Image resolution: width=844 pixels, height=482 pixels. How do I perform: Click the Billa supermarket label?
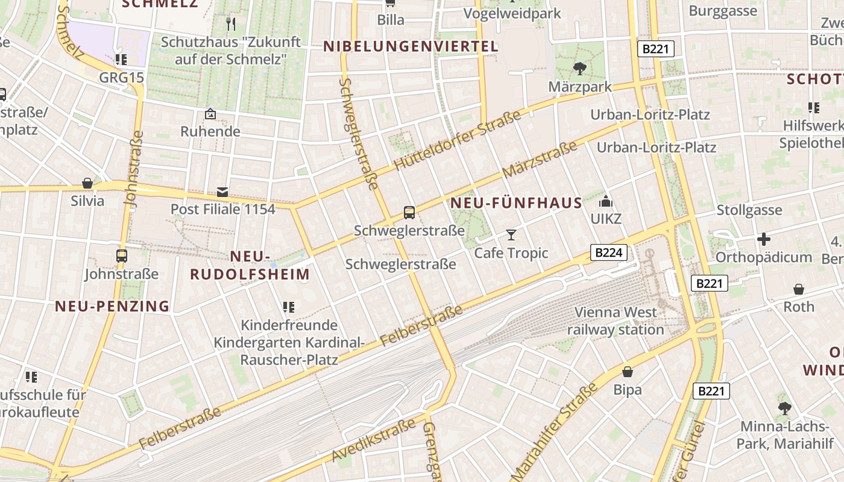tap(391, 20)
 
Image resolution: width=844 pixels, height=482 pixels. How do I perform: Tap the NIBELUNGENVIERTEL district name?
tap(411, 46)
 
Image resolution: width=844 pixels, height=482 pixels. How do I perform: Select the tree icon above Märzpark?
tap(579, 69)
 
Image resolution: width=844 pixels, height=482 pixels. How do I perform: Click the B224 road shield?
tap(608, 252)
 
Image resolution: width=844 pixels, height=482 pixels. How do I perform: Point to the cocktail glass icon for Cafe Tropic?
tap(511, 234)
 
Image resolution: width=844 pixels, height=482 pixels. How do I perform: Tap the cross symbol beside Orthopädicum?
tap(764, 239)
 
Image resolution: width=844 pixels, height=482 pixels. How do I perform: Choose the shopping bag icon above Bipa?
tap(628, 372)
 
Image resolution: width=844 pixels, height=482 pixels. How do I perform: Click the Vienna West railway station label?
tap(616, 321)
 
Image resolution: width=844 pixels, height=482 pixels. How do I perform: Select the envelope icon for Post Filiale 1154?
tap(222, 192)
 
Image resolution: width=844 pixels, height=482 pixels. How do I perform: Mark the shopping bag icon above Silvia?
tap(87, 183)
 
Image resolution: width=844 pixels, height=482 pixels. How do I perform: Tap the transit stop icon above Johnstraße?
tap(121, 256)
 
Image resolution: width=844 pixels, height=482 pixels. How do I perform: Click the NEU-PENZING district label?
tap(113, 306)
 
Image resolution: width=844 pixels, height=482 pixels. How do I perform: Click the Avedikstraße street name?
tap(373, 440)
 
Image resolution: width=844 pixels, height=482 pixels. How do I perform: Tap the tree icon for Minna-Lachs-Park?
tap(784, 408)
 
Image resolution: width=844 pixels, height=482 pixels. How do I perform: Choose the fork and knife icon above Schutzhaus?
tap(231, 24)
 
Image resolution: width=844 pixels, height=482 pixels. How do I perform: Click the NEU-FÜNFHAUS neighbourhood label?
tap(516, 203)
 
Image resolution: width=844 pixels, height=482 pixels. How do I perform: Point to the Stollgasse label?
tap(749, 210)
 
